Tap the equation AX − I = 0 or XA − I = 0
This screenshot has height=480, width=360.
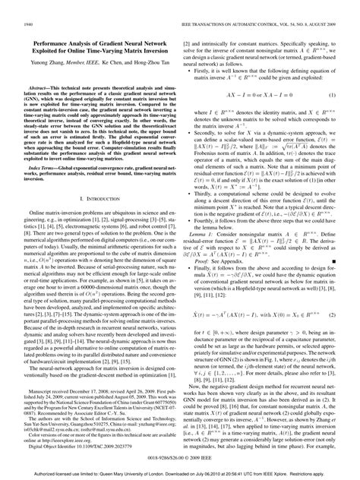pos(255,97)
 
